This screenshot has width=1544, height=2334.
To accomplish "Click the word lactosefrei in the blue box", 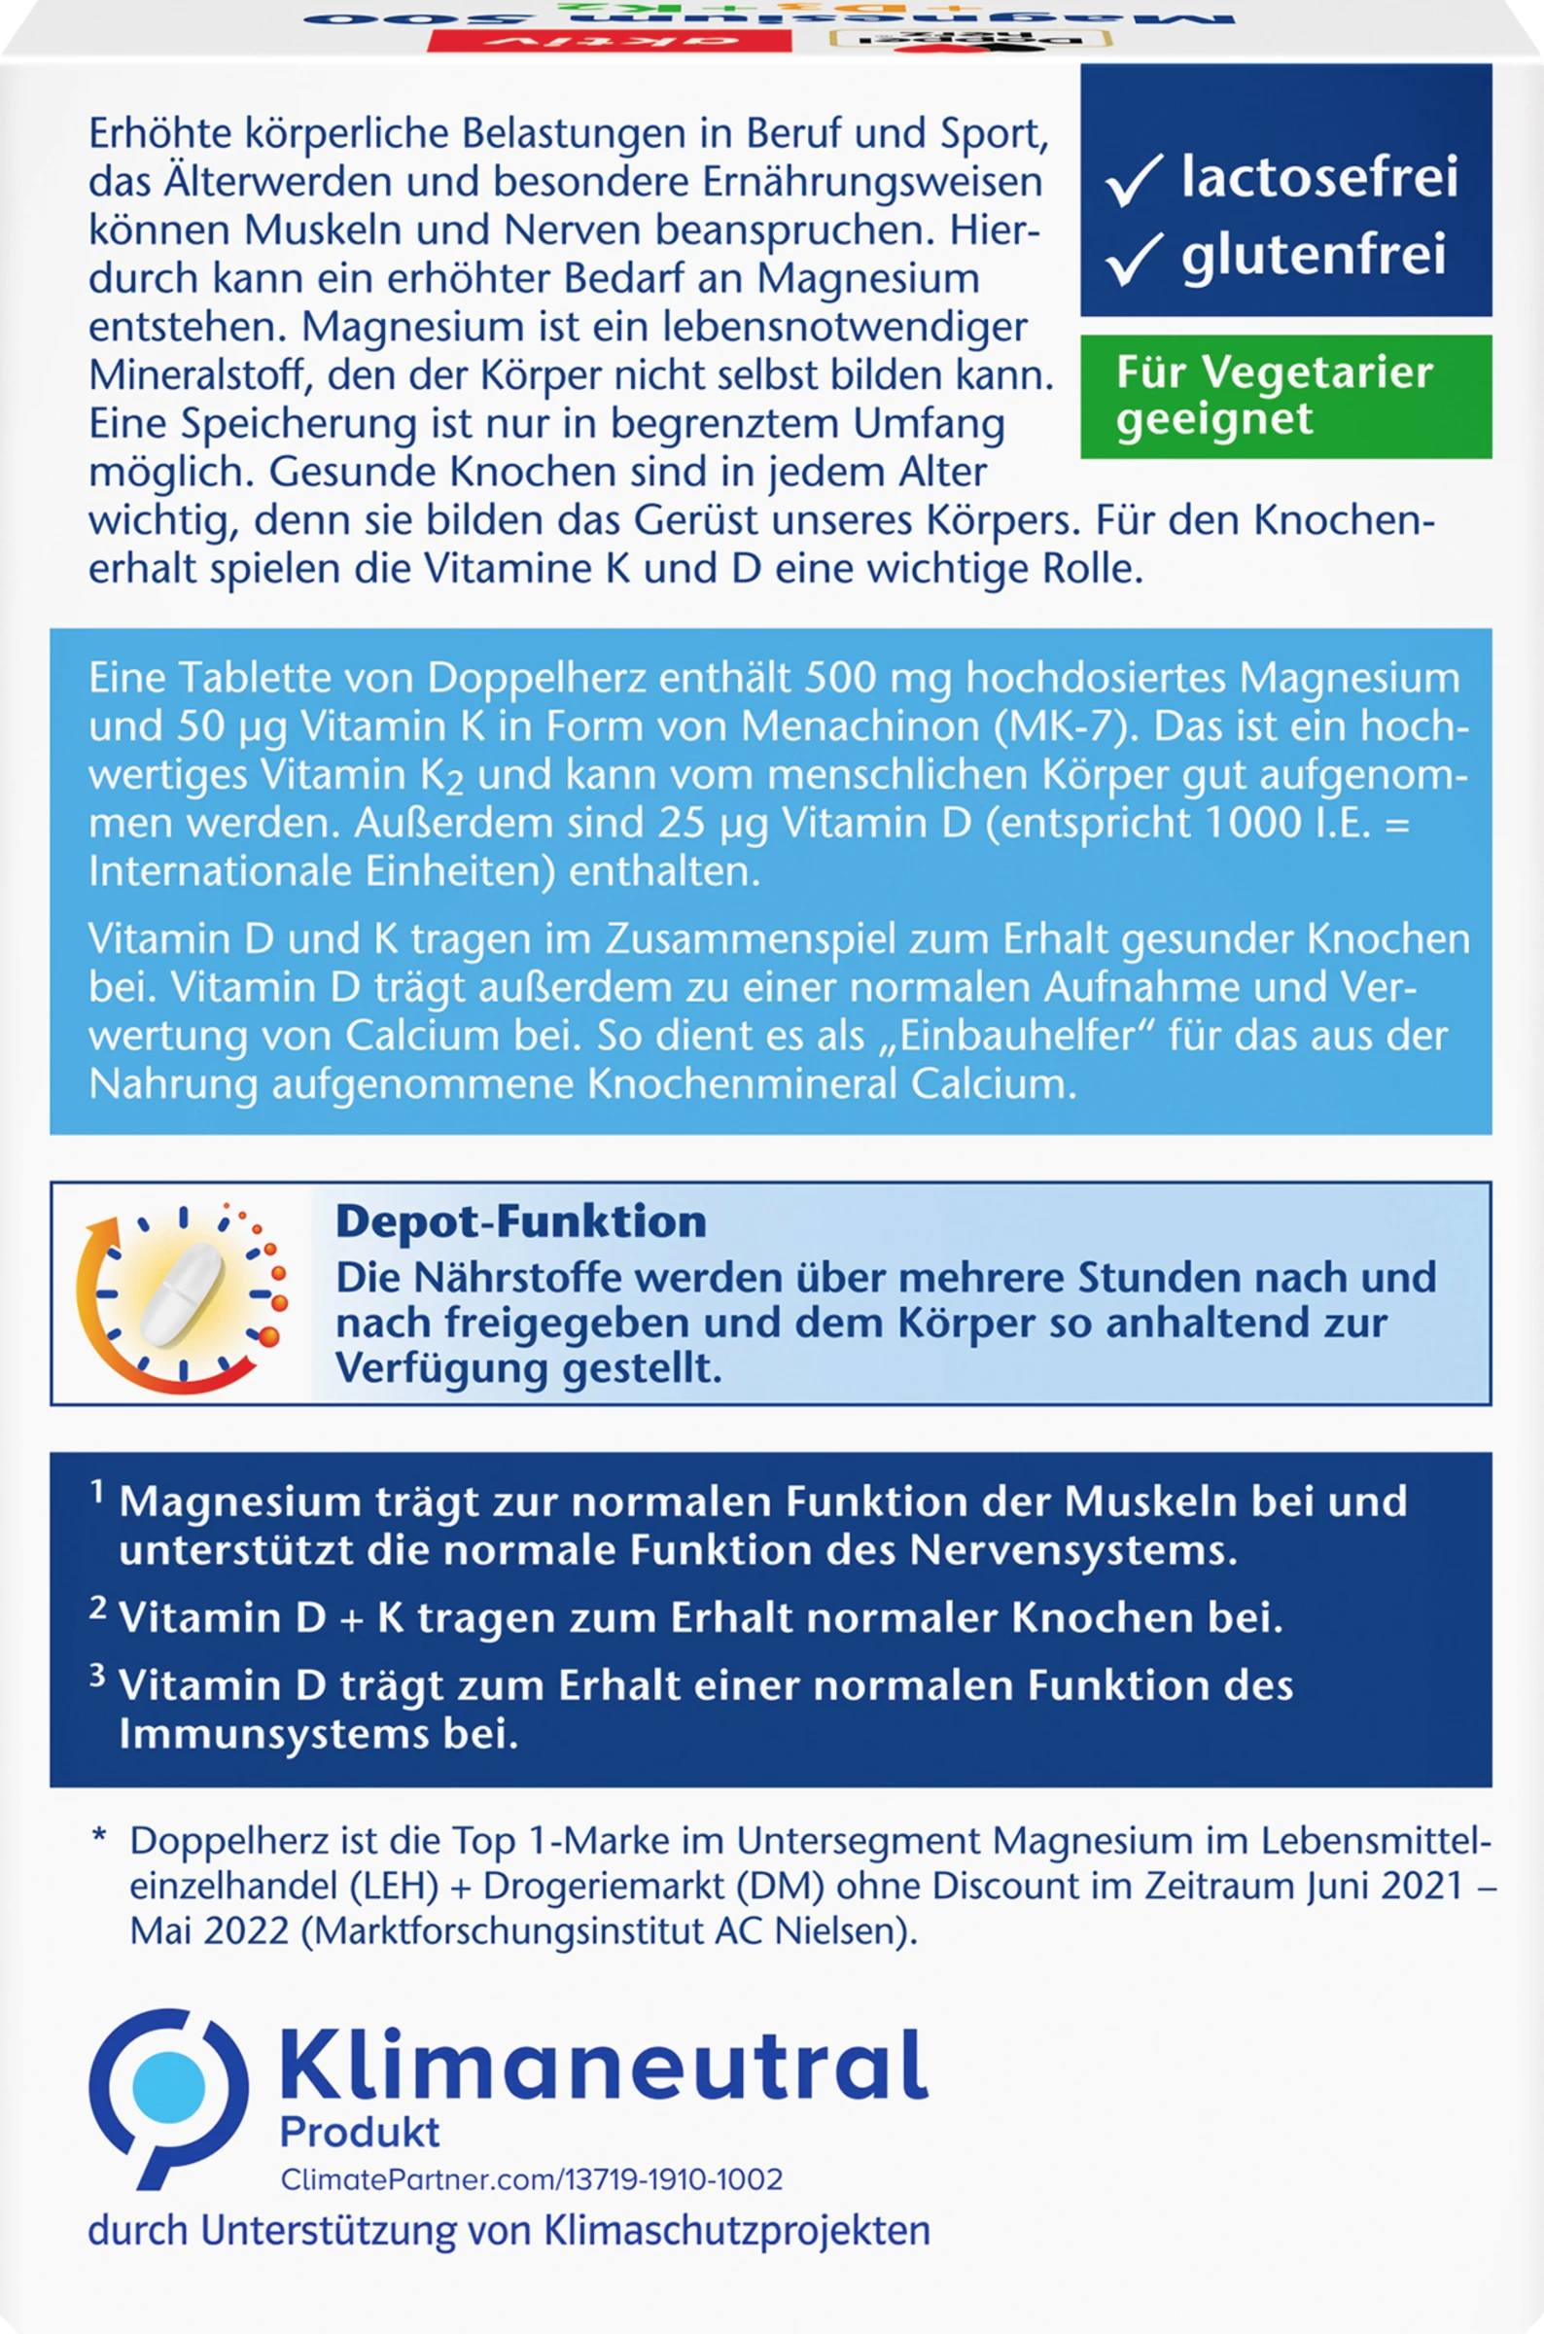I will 1319,179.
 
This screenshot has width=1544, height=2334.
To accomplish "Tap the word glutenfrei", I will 1314,254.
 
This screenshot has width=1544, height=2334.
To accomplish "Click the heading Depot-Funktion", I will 521,1222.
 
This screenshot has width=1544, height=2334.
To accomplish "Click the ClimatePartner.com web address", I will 532,2179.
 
